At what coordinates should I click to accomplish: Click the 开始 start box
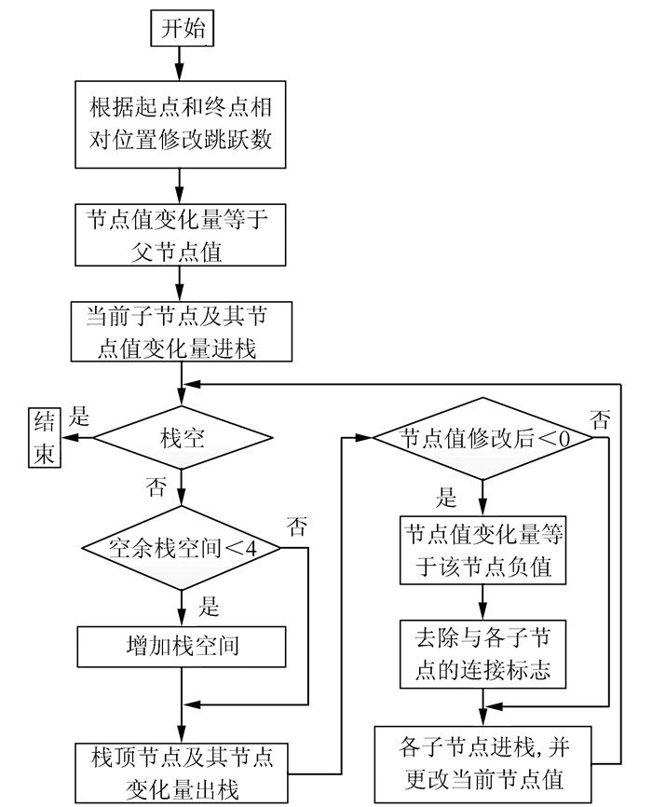182,29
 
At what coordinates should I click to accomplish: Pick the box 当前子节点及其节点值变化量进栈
182,331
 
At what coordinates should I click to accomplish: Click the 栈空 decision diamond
182,436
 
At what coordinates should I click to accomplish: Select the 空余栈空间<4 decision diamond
182,547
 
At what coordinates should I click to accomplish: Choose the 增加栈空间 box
182,644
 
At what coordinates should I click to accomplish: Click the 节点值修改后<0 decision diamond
482,437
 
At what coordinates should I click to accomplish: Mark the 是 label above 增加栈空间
208,609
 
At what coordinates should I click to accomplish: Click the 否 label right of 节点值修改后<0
602,419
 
